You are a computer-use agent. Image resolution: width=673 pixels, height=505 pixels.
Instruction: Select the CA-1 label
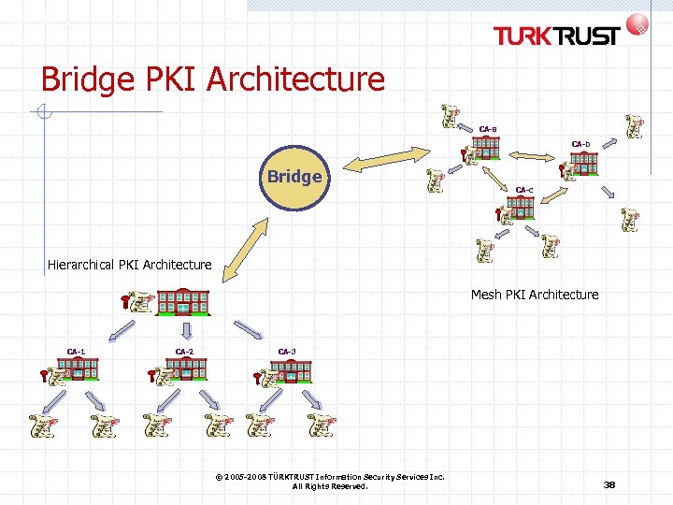[x=77, y=352]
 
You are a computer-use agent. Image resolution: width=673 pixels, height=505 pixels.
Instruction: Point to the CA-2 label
[x=185, y=352]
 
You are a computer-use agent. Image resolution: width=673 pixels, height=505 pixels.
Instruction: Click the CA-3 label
[x=287, y=352]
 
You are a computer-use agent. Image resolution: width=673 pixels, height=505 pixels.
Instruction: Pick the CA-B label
[x=488, y=129]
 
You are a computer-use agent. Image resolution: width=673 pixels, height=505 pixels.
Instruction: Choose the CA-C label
[x=524, y=191]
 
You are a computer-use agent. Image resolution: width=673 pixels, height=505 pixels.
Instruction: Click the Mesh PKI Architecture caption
[x=535, y=295]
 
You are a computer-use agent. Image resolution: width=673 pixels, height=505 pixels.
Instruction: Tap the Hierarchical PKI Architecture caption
[x=130, y=265]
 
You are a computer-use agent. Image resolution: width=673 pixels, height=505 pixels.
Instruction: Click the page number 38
[x=609, y=484]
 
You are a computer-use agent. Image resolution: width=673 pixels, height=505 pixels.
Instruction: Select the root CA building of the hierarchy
[x=183, y=302]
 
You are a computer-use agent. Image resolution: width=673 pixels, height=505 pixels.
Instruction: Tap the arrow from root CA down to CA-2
[x=185, y=330]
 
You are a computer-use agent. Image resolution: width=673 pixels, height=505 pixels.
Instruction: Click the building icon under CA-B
[x=485, y=148]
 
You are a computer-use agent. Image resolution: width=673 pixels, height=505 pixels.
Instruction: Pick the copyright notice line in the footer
[x=329, y=477]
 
